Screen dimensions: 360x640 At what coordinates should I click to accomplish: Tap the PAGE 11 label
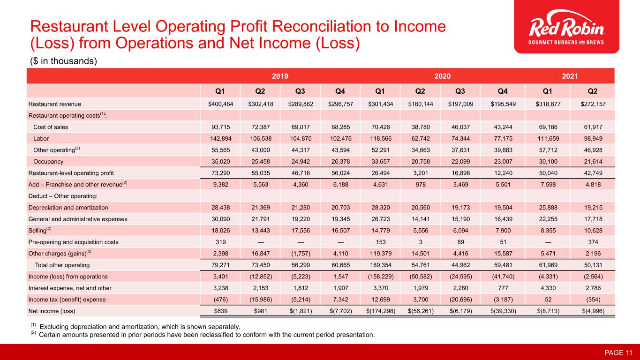pyautogui.click(x=618, y=352)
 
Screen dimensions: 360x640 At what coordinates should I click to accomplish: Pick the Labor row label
pyautogui.click(x=41, y=138)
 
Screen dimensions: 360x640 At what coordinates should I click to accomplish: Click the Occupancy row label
pyautogui.click(x=48, y=161)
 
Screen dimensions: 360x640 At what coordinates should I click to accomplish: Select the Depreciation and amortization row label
pyautogui.click(x=68, y=207)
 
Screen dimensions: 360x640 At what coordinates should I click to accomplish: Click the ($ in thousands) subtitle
pyautogui.click(x=64, y=61)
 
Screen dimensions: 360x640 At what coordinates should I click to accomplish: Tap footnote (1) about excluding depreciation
pyautogui.click(x=136, y=326)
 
